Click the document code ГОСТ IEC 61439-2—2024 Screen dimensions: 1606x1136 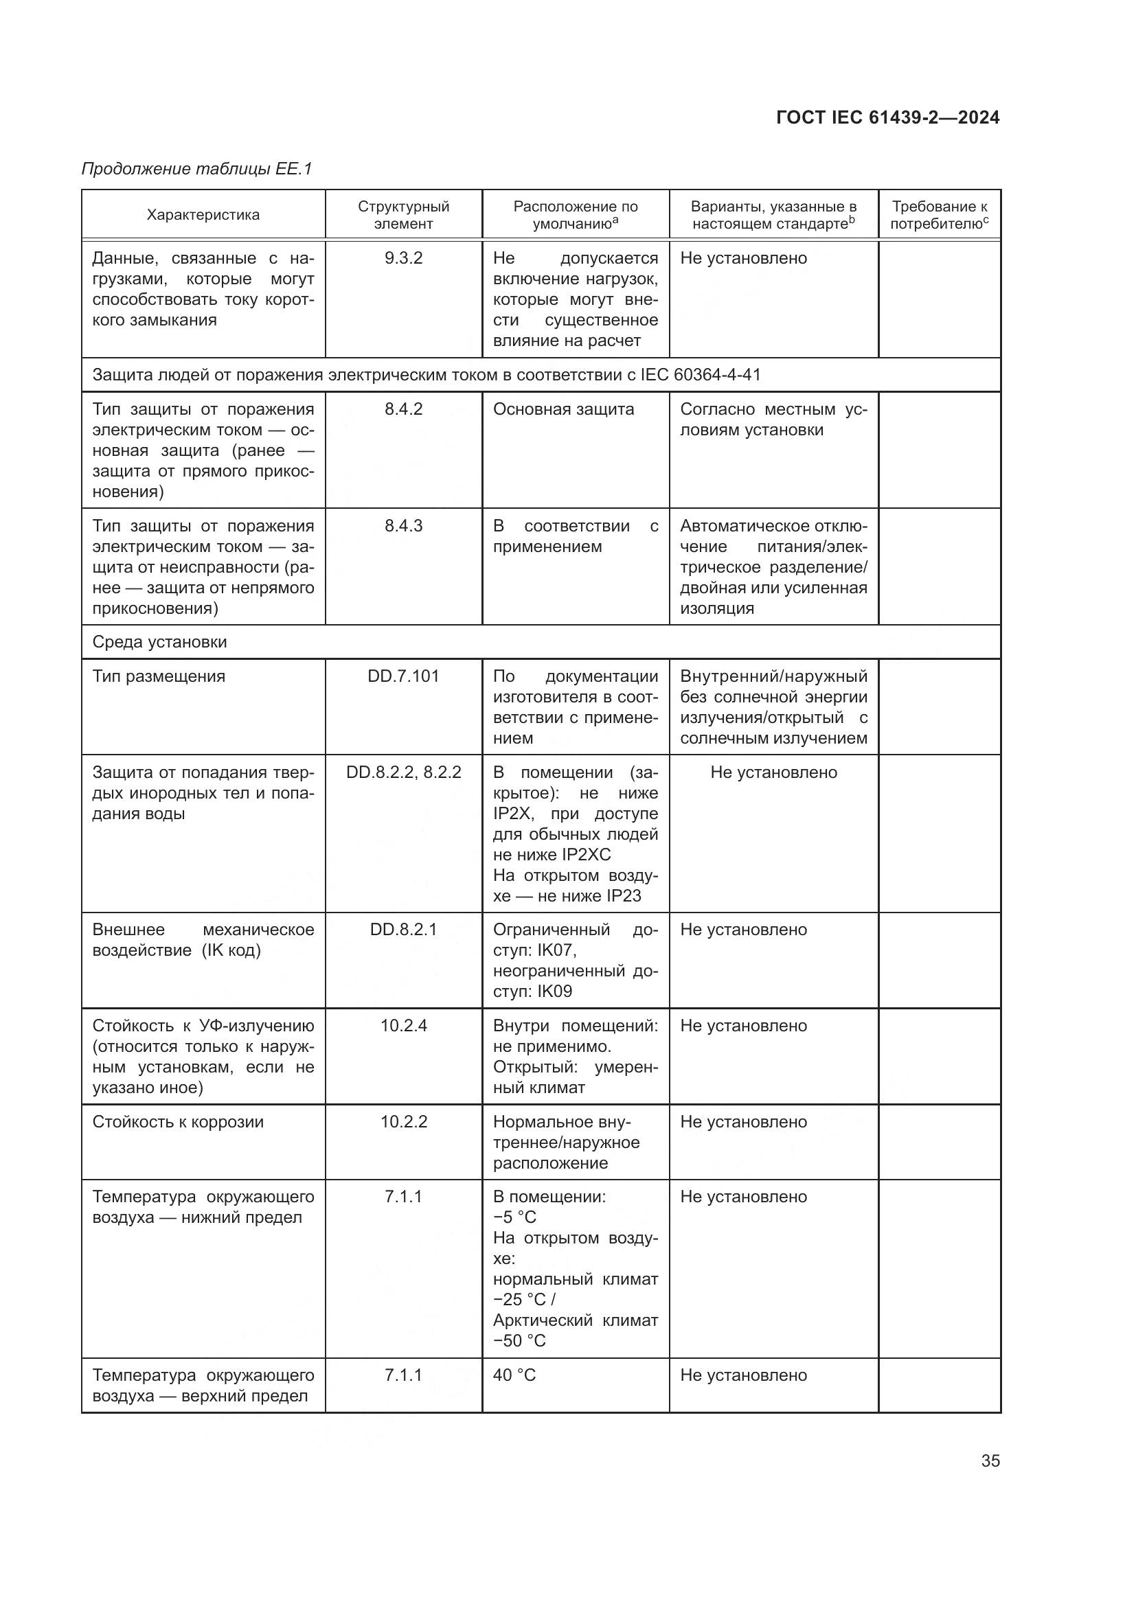887,117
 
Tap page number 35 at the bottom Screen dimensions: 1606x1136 990,1460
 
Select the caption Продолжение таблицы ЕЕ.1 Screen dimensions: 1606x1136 196,169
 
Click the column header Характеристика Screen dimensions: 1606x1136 203,215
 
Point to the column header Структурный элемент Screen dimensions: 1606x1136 404,215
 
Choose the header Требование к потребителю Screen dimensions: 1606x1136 939,215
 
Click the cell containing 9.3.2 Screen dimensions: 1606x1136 404,258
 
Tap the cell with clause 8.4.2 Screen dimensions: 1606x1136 404,409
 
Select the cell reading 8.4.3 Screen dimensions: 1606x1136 404,526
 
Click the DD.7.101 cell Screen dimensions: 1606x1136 404,676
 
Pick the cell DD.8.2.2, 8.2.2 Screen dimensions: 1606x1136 404,772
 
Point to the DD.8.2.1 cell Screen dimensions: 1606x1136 404,930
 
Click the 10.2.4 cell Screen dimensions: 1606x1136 404,1025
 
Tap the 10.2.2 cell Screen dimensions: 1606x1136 404,1122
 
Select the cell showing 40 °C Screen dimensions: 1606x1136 514,1375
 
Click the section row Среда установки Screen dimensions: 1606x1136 159,642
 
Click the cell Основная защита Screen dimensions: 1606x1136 563,409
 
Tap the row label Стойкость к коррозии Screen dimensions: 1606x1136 179,1122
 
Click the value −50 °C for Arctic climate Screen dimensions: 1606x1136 519,1341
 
